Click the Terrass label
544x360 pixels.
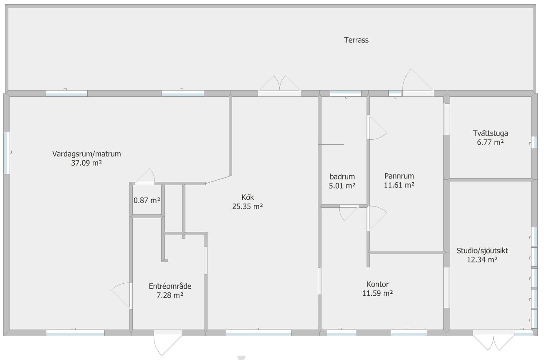[x=356, y=40]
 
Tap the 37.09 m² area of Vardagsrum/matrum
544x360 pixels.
[x=86, y=163]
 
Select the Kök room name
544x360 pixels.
[x=248, y=197]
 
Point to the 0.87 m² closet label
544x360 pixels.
[x=147, y=200]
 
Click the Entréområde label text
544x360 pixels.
[x=170, y=286]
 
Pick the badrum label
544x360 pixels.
[x=342, y=176]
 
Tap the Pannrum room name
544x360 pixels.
[x=399, y=176]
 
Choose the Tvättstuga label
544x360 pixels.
[x=490, y=133]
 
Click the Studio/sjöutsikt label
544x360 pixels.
[x=482, y=251]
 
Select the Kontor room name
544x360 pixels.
[x=377, y=284]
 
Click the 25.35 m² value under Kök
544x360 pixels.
[x=248, y=206]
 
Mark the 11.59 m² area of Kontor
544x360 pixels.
[x=377, y=293]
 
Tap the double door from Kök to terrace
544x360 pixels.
[x=280, y=85]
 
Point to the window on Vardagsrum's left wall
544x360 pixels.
[x=7, y=153]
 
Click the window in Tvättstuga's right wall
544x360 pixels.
[x=534, y=143]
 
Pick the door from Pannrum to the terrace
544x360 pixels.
[x=418, y=83]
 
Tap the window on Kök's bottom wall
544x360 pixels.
[x=259, y=333]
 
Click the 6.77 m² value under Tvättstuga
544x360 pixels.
[x=490, y=142]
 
